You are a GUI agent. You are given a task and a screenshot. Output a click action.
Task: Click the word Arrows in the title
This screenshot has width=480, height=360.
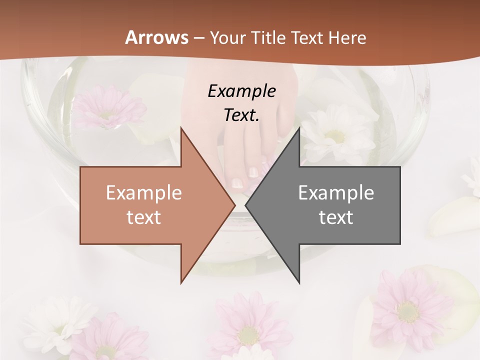(156, 37)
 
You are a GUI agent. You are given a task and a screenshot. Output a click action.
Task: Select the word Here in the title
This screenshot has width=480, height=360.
(347, 37)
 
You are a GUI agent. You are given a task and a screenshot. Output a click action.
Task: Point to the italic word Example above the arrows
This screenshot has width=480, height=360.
(241, 91)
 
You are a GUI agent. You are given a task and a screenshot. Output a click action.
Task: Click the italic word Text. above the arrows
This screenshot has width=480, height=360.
(241, 115)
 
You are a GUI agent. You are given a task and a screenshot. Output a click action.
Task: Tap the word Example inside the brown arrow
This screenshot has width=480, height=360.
(144, 192)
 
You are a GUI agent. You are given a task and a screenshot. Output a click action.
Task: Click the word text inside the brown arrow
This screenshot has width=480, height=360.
(144, 217)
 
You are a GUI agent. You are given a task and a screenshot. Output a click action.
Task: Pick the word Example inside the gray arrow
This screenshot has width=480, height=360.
(336, 192)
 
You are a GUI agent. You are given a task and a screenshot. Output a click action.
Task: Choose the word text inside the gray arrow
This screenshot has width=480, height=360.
(336, 217)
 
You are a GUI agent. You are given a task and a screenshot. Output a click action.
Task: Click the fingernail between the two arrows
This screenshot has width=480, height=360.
(253, 172)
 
